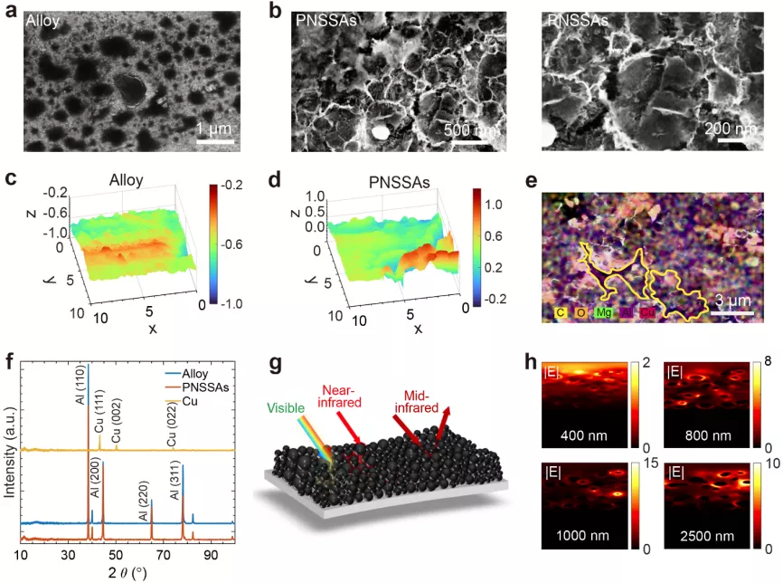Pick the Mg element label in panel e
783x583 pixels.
tap(601, 312)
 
